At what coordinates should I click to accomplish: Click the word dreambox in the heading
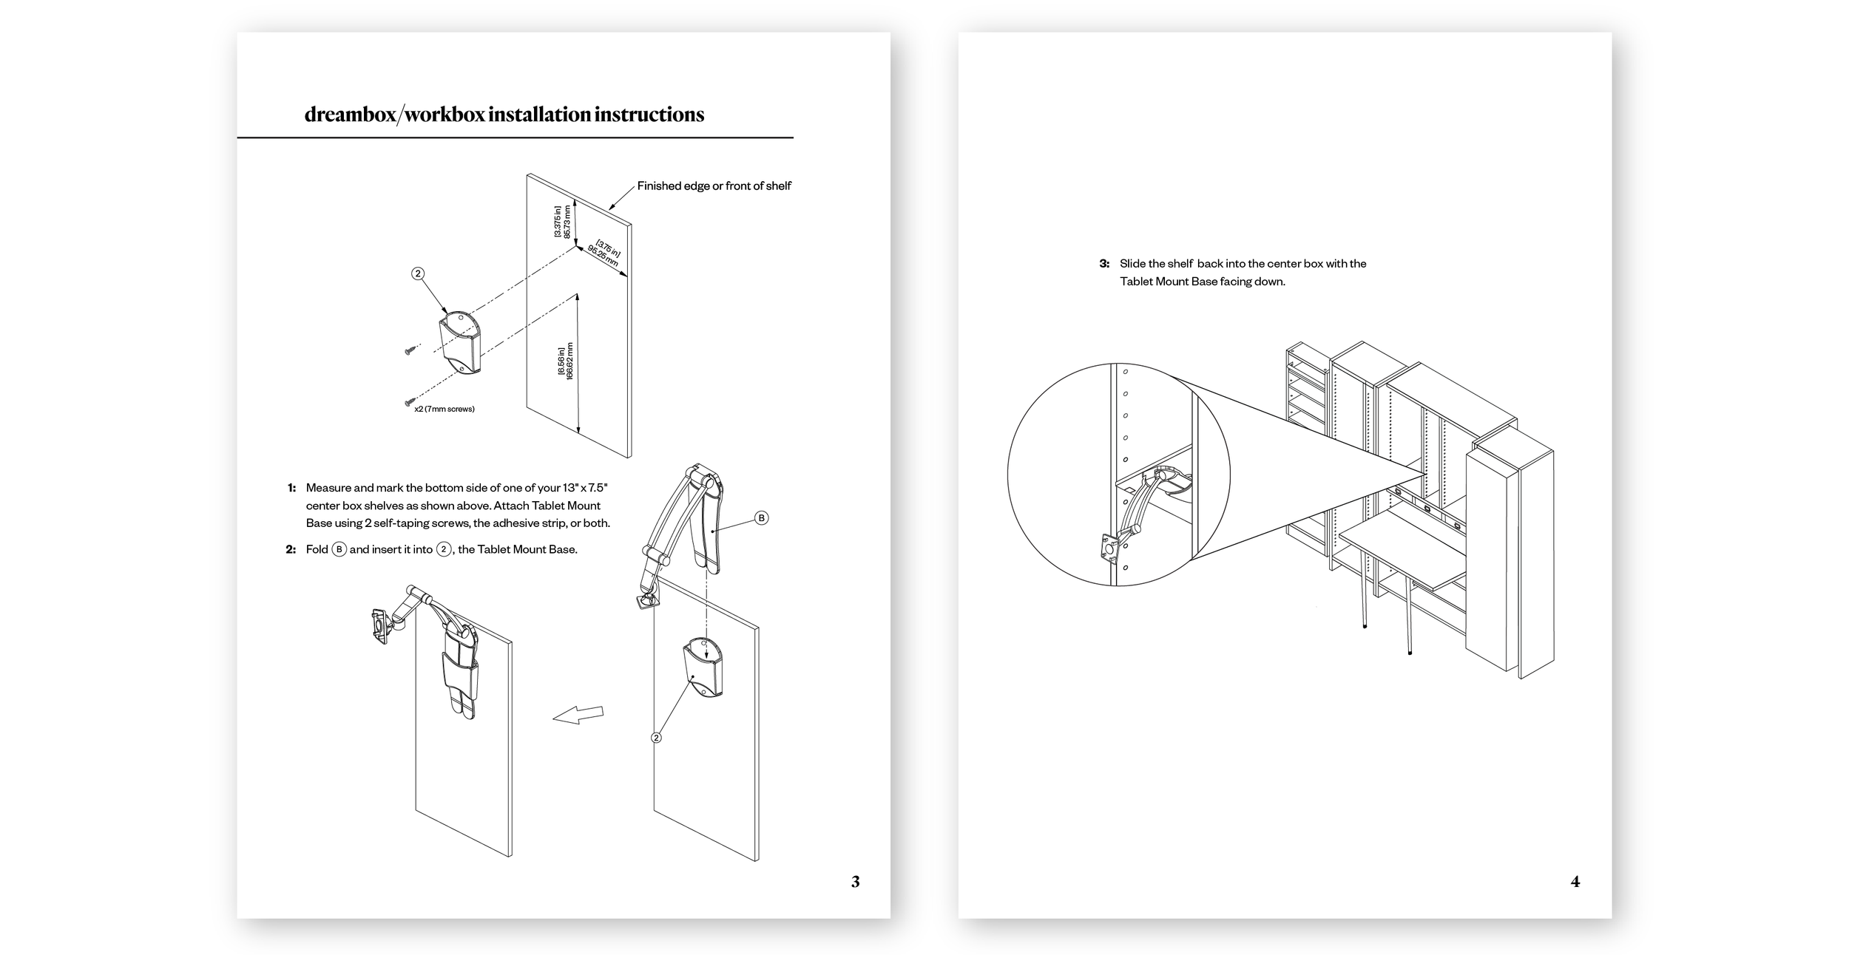tap(349, 115)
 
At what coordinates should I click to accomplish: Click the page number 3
tap(855, 881)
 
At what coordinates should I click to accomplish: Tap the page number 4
tap(1575, 881)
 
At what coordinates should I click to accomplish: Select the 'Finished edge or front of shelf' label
tap(714, 186)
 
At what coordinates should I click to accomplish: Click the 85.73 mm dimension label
tap(568, 221)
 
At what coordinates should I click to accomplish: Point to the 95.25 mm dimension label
tap(604, 256)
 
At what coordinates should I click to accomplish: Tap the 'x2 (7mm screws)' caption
tap(444, 409)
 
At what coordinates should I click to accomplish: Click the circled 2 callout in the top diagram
tap(418, 273)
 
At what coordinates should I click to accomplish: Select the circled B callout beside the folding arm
tap(761, 517)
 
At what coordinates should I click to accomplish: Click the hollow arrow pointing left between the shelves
tap(578, 714)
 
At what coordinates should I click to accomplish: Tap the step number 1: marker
tap(291, 488)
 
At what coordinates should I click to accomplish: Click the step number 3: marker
tap(1104, 264)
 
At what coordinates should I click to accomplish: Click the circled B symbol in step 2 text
tap(339, 549)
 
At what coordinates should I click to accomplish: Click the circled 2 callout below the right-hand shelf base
tap(655, 737)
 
